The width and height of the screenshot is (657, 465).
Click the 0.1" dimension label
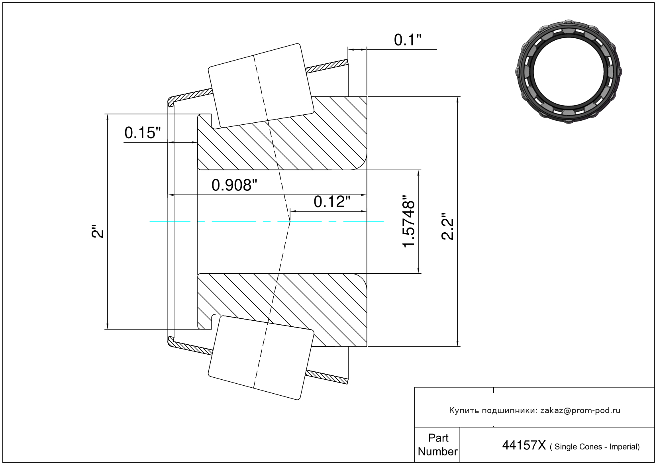point(408,40)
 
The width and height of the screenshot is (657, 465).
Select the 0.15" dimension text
point(143,133)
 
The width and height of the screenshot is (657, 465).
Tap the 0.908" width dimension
point(234,185)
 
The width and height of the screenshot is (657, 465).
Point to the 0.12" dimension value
point(332,202)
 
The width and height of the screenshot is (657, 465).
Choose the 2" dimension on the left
point(98,232)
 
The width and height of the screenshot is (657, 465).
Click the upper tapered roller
point(261,86)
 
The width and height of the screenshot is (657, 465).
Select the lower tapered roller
point(261,358)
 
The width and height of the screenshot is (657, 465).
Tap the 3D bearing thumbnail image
point(569,71)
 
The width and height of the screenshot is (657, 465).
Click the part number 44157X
point(524,445)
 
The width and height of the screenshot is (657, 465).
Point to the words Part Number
point(438,445)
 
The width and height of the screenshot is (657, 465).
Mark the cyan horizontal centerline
point(267,222)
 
